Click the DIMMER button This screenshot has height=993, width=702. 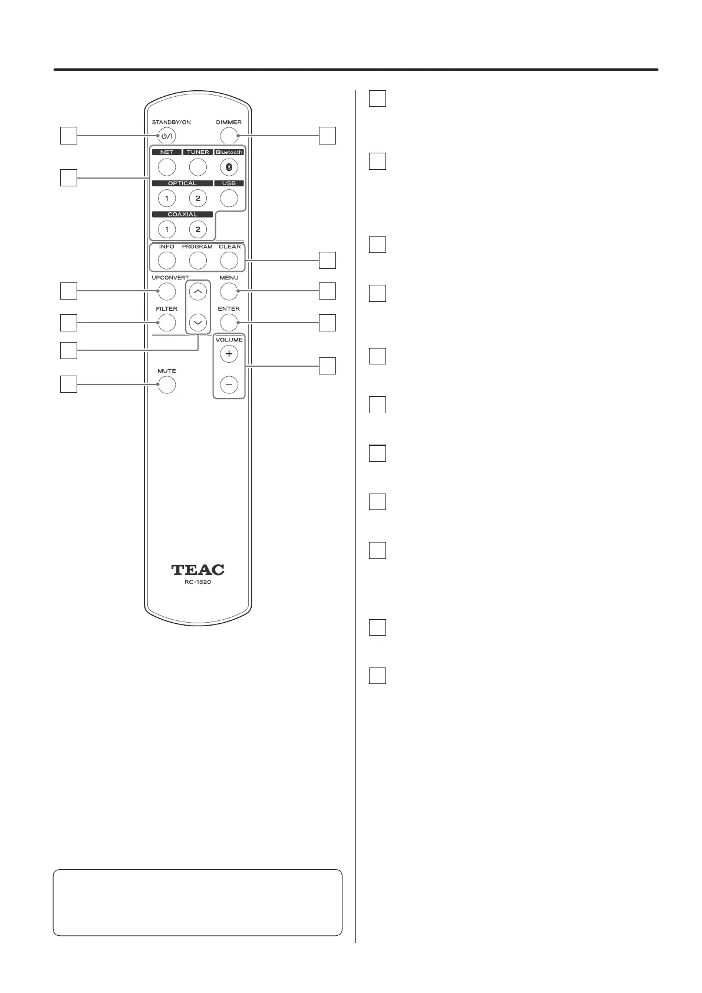[x=229, y=136]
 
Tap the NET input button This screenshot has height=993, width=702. [x=167, y=167]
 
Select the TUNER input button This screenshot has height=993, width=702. [x=198, y=167]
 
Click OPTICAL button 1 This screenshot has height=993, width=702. [x=167, y=198]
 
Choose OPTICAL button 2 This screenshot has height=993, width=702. [x=198, y=198]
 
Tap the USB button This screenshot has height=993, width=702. [x=229, y=198]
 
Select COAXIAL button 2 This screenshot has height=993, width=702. [x=198, y=229]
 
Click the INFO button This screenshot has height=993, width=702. [x=167, y=260]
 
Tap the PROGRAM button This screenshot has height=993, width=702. [x=198, y=260]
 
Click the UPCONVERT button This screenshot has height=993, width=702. [x=167, y=291]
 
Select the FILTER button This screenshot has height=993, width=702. [x=167, y=323]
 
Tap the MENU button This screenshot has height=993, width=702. [x=229, y=291]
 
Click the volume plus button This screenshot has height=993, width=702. [x=229, y=354]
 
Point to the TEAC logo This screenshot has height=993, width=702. [x=198, y=570]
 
